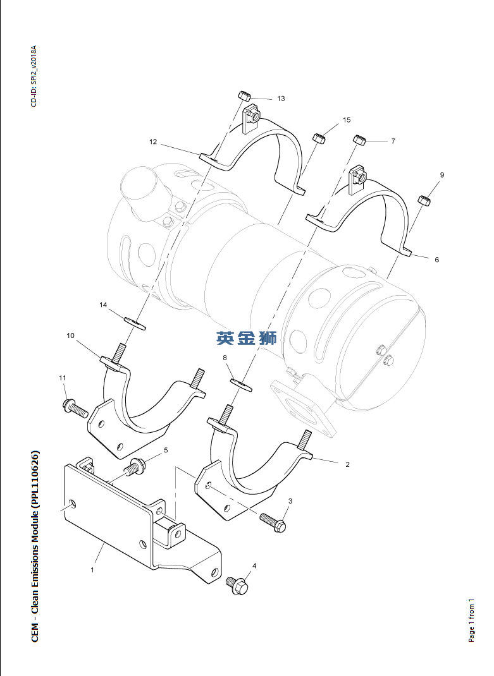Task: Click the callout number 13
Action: point(281,99)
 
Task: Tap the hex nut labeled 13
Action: point(244,96)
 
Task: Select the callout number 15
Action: point(347,119)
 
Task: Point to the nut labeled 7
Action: point(360,140)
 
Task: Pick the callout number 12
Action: point(153,142)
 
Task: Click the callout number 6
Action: point(436,259)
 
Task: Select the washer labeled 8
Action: point(240,383)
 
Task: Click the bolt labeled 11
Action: point(75,407)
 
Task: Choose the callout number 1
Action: point(92,570)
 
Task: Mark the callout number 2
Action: point(347,464)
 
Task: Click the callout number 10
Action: point(71,335)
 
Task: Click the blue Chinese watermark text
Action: point(247,338)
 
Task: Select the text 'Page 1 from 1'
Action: point(471,620)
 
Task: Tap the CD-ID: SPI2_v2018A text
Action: point(34,76)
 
